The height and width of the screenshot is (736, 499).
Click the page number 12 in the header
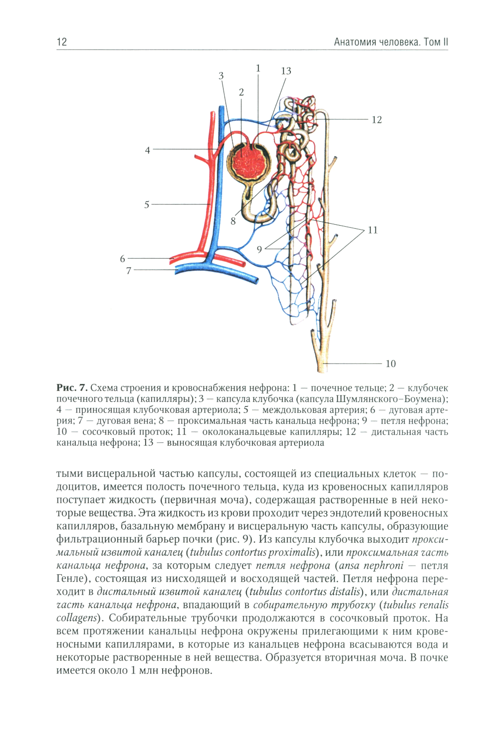(x=62, y=42)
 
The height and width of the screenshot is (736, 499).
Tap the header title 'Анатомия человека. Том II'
(x=391, y=42)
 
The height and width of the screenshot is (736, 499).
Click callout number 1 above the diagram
(x=258, y=68)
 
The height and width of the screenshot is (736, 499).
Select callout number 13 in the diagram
(x=286, y=71)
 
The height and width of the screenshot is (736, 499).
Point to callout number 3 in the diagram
(x=221, y=76)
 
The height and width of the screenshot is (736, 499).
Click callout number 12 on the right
(x=377, y=120)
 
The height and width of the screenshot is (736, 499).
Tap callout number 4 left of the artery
(x=147, y=150)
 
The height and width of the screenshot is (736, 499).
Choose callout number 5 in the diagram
(x=147, y=205)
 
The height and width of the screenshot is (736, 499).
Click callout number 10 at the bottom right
(x=391, y=364)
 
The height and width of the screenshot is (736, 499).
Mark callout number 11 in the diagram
(x=373, y=230)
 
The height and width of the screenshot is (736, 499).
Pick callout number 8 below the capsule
(x=233, y=221)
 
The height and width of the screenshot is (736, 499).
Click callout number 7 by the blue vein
(x=129, y=271)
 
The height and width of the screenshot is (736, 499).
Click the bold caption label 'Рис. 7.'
(x=72, y=388)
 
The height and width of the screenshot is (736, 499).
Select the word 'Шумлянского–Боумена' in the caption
(x=391, y=399)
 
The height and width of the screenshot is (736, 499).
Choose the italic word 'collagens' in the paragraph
(x=77, y=618)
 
